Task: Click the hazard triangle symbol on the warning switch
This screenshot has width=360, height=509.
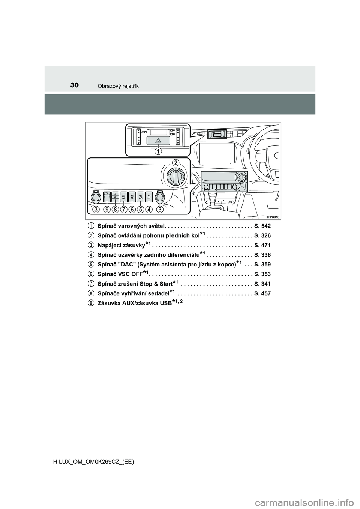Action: coord(157,141)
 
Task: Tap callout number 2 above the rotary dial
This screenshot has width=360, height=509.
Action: coord(175,163)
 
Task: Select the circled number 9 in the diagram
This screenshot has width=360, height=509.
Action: coord(106,210)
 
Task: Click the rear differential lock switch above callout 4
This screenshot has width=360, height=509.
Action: coord(149,196)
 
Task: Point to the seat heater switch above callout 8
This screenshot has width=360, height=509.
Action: coord(115,196)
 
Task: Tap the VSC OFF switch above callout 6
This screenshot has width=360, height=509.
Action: coord(132,196)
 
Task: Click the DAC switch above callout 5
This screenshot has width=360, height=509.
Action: coord(141,196)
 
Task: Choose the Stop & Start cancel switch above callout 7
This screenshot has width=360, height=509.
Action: coord(124,196)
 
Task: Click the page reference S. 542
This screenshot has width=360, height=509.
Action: coord(263,226)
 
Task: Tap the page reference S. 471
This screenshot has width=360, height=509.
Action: coord(263,246)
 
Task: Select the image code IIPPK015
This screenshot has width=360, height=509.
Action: coord(273,217)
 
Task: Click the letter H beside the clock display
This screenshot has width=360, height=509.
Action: coord(174,130)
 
